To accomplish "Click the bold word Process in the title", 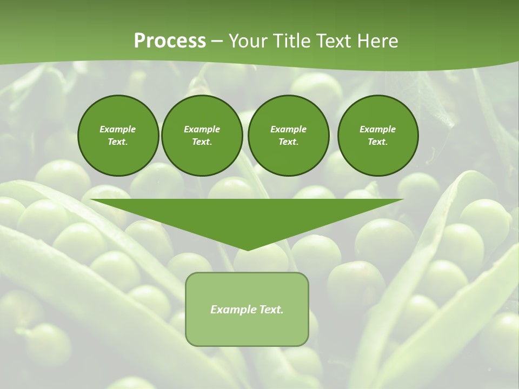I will click(x=170, y=41).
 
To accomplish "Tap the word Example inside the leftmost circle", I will click(x=118, y=129).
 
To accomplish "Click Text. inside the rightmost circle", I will click(x=378, y=142).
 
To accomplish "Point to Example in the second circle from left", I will click(x=202, y=129).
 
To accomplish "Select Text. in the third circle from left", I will click(x=288, y=142).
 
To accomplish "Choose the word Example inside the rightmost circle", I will click(x=378, y=129).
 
